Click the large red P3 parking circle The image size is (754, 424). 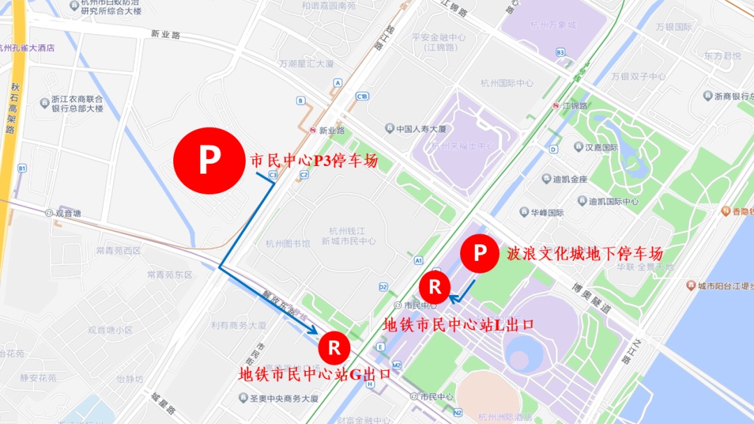(207, 161)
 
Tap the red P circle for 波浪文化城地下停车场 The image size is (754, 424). (480, 253)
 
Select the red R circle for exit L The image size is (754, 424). (434, 287)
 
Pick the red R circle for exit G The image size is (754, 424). (334, 347)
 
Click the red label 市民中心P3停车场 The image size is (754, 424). (313, 161)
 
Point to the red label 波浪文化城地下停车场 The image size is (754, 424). (585, 253)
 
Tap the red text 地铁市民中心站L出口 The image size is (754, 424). (459, 324)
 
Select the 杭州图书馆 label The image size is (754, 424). (288, 244)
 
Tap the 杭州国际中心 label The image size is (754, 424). (507, 83)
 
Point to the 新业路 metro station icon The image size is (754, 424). (313, 130)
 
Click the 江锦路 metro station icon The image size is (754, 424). (556, 106)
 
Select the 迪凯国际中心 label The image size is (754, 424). (613, 202)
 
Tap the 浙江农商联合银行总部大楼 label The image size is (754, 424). (77, 104)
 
